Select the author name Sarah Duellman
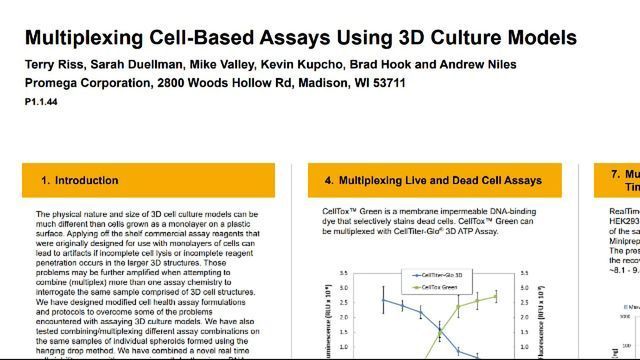tap(125, 65)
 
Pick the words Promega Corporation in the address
tap(83, 83)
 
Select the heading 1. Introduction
tap(79, 181)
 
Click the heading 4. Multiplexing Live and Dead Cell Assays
tap(432, 181)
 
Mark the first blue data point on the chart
tap(383, 299)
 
